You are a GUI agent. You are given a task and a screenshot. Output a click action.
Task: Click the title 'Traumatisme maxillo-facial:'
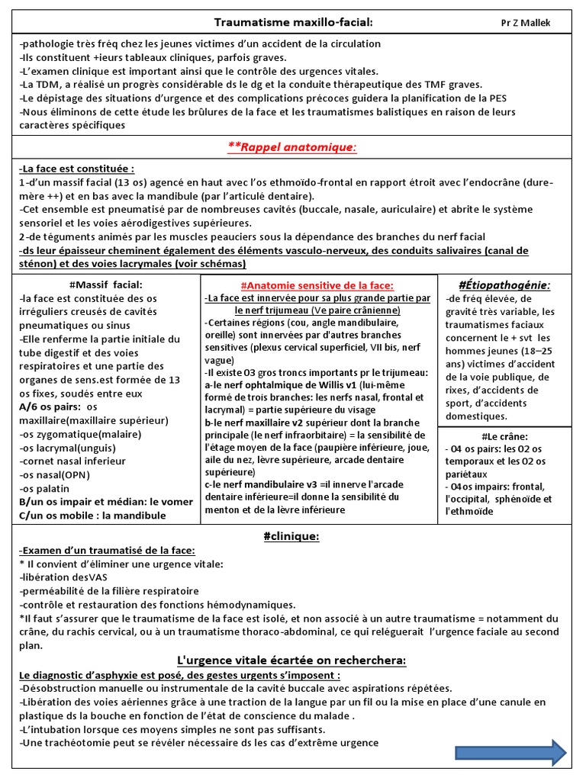coord(282,23)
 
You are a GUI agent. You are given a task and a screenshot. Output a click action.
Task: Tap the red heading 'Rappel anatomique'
coord(292,146)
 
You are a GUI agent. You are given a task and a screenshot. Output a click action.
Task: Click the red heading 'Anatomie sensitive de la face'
coord(317,285)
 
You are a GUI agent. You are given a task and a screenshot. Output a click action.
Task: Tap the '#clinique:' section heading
coord(291,537)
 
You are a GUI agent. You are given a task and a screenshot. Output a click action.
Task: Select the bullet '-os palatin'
coord(44,489)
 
